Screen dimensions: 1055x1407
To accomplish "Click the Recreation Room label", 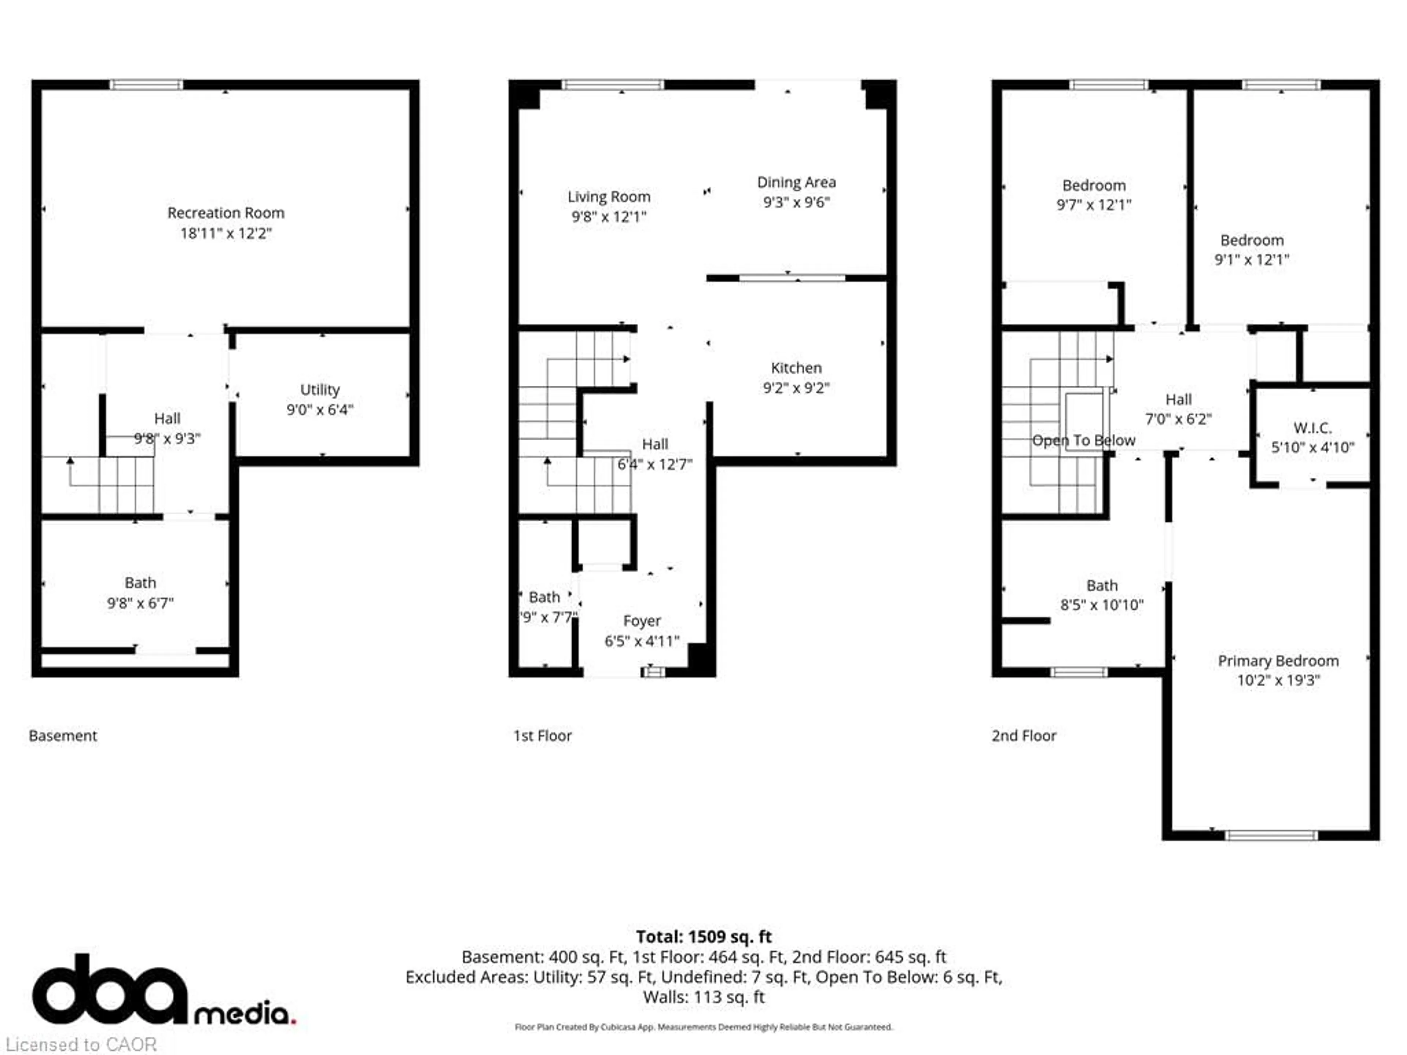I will tap(226, 213).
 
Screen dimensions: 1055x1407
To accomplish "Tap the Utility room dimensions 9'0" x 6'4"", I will tap(319, 410).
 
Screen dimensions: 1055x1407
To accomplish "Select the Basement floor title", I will tap(63, 736).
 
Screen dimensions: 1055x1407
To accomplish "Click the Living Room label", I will tap(609, 197).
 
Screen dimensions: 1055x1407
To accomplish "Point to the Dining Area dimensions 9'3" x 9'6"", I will tap(796, 202).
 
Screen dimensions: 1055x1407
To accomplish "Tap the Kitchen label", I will tap(796, 367).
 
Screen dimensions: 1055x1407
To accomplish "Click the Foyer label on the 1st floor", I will tap(642, 621).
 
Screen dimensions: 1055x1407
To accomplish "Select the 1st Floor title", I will tap(543, 736).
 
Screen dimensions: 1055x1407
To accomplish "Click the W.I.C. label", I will tap(1312, 428).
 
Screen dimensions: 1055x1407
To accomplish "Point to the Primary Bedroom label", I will tap(1278, 661).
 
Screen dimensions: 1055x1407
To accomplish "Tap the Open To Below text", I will tap(1083, 440).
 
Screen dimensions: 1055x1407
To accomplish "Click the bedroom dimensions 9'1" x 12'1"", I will tap(1251, 259).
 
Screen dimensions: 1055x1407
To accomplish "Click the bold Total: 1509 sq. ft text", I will tap(703, 937).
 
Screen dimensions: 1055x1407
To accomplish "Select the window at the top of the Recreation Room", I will tap(146, 85).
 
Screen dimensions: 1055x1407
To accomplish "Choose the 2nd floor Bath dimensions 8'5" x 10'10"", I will tap(1102, 605).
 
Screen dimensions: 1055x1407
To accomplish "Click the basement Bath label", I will tap(140, 582).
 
